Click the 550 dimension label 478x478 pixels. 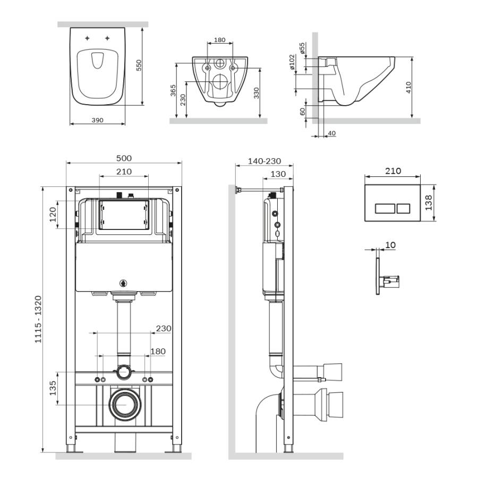click(139, 65)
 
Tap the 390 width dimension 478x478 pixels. click(97, 120)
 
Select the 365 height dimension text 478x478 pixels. click(173, 91)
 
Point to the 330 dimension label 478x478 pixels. click(256, 93)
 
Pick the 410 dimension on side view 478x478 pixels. click(408, 88)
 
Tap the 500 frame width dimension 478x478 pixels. click(124, 158)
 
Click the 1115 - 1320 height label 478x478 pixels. click(38, 319)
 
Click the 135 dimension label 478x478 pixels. click(53, 388)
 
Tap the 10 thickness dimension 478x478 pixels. click(390, 245)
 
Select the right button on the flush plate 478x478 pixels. click(404, 208)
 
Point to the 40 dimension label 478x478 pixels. click(332, 133)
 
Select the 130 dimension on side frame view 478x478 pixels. click(278, 174)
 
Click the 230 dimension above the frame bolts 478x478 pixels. click(163, 329)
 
